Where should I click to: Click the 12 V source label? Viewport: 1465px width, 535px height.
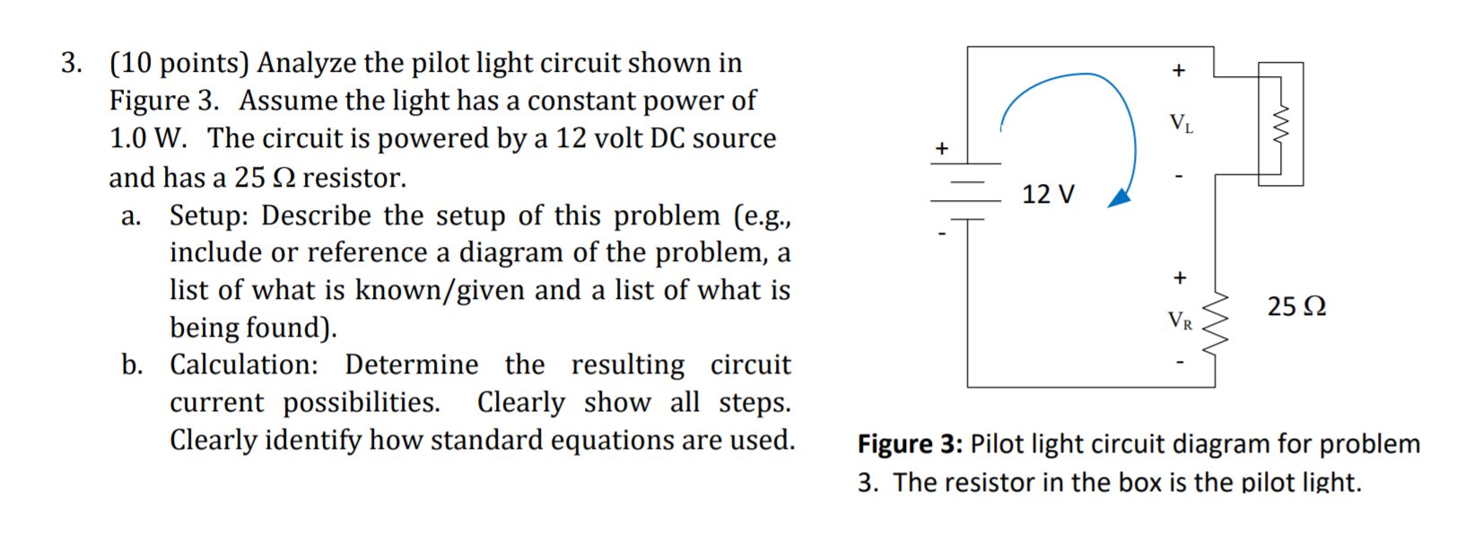pos(1048,194)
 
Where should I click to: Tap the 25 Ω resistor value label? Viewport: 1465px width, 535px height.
pos(1295,307)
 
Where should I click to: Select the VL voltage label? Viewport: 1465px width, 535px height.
pos(1181,123)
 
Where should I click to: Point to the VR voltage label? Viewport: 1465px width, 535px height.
pos(1180,320)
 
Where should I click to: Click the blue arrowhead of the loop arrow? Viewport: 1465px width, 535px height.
pos(1120,198)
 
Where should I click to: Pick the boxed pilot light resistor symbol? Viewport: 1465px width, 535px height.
pos(1280,125)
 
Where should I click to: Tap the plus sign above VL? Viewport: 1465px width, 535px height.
pos(1179,70)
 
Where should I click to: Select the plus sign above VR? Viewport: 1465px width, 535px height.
pos(1180,277)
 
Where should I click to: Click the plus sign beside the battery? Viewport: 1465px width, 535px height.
pos(941,147)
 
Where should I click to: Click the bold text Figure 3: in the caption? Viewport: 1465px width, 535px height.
pos(910,444)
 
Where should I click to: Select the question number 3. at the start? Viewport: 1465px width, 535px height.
pos(72,64)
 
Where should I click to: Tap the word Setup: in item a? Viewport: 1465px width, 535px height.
pos(211,216)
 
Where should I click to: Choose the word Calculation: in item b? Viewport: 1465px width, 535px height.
pos(244,365)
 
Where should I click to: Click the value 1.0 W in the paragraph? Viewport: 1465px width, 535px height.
pos(147,139)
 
